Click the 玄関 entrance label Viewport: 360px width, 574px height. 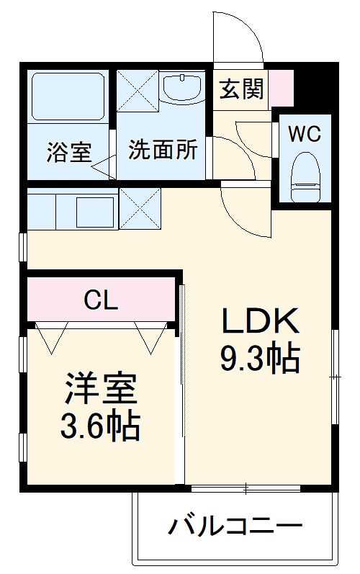click(241, 90)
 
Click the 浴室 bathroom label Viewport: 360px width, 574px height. click(69, 152)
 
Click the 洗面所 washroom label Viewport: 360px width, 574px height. click(163, 152)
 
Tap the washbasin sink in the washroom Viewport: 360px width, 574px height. click(183, 89)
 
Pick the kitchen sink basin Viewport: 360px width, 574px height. click(96, 210)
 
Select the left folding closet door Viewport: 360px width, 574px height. click(53, 337)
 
